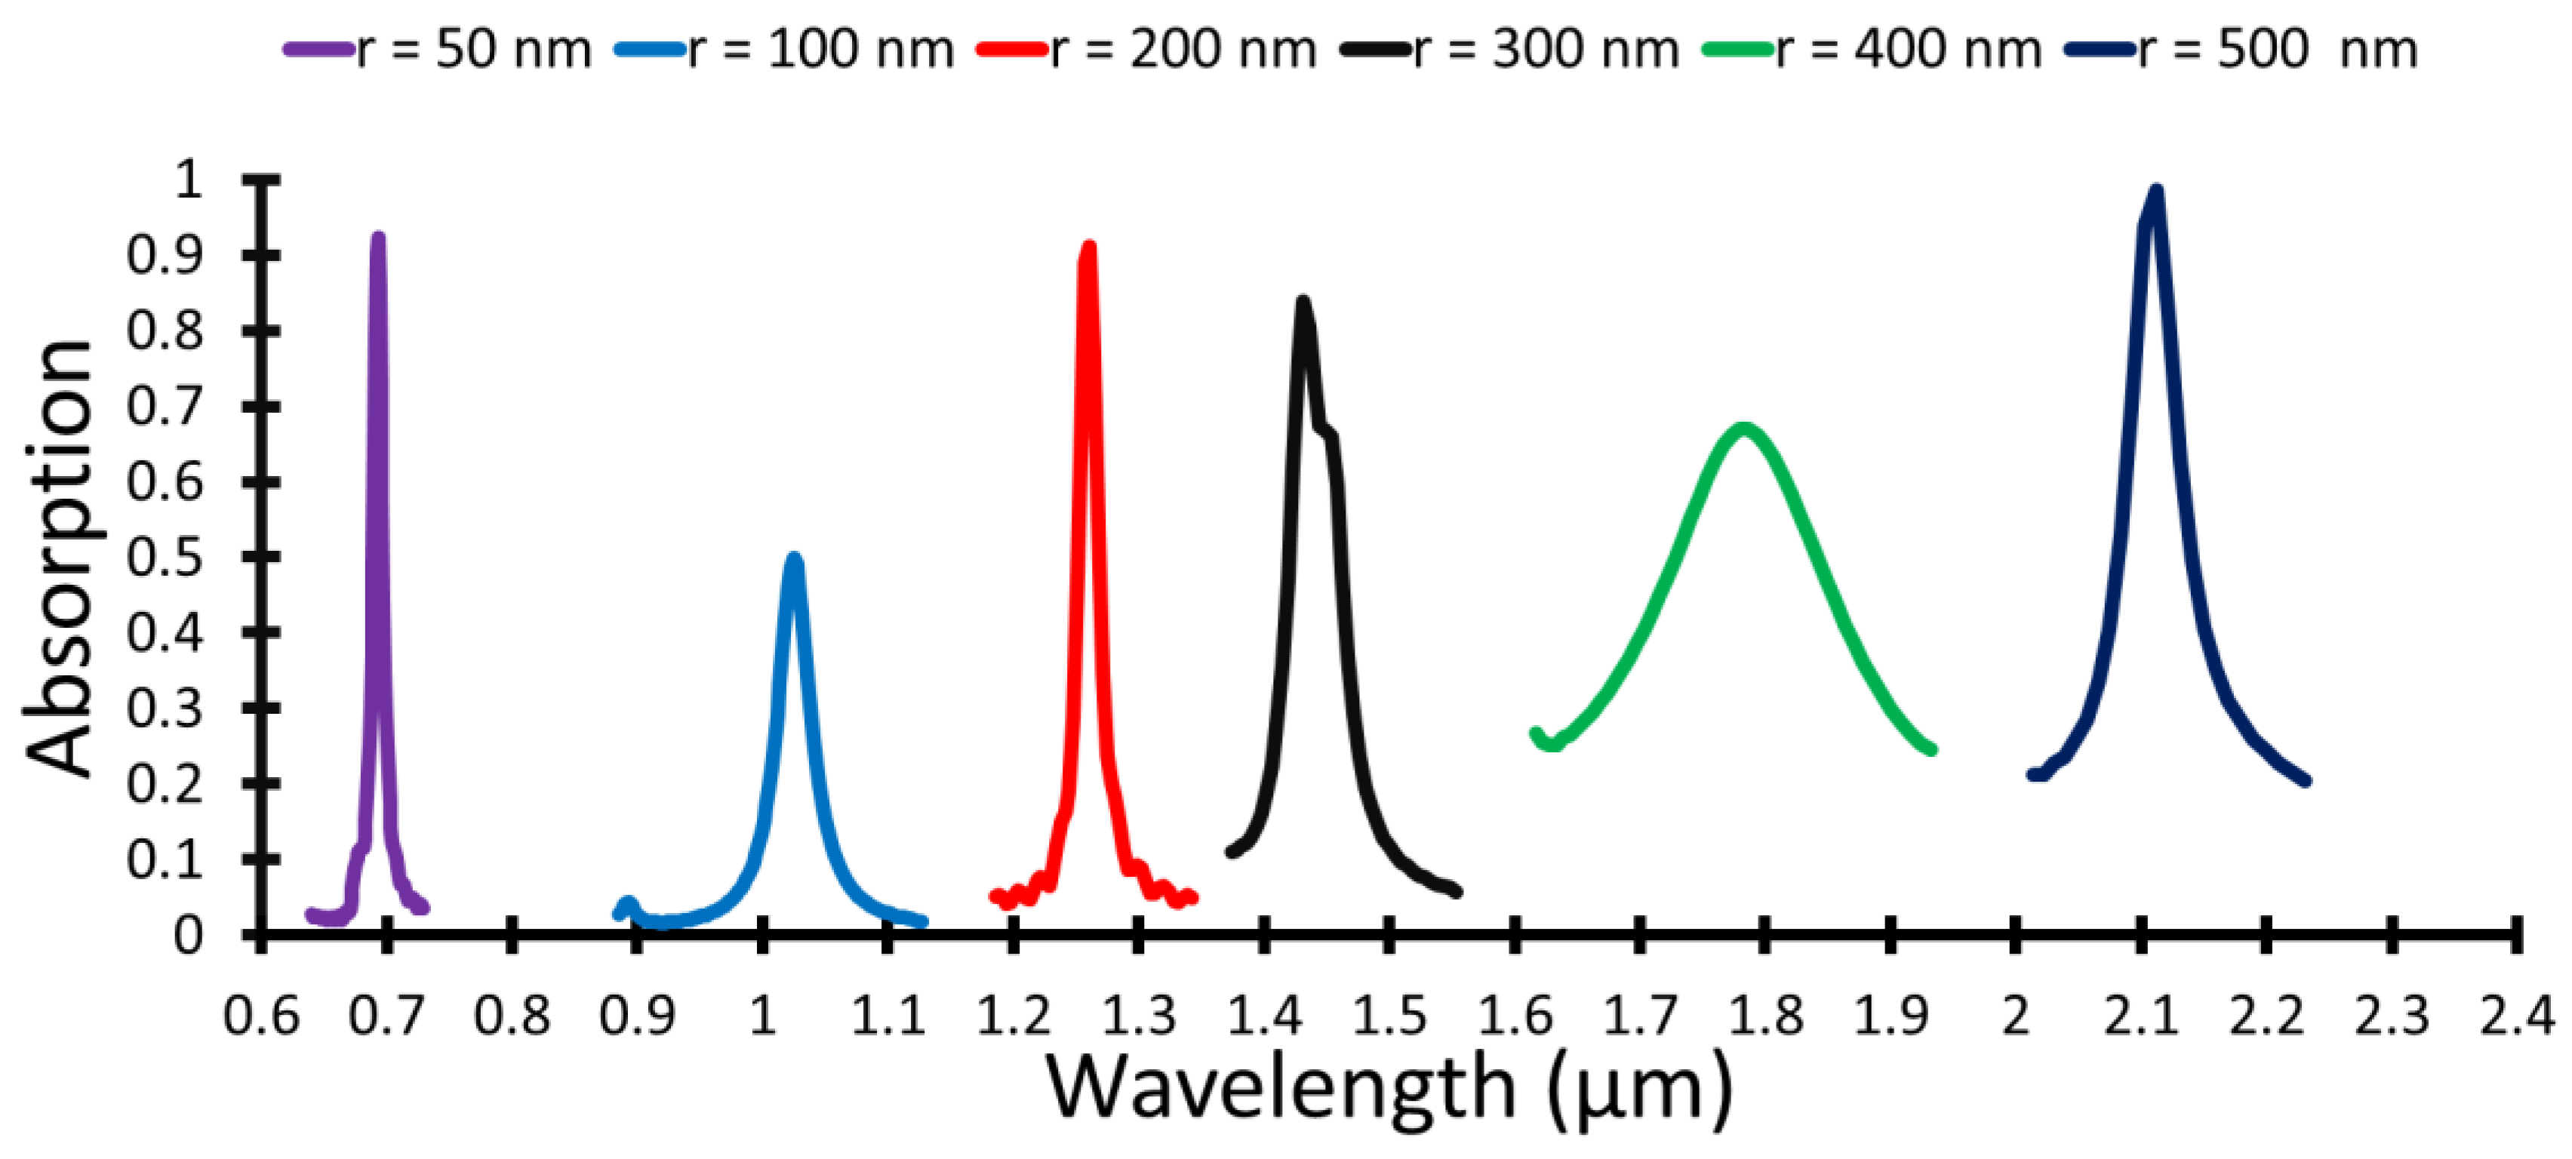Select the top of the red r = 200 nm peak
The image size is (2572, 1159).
coord(1088,247)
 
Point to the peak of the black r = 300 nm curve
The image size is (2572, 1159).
coord(1302,302)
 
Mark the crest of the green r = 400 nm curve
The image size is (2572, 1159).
coord(1743,429)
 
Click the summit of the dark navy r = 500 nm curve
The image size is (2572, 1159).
coord(2157,191)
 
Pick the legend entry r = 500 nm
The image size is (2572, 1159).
coord(2276,49)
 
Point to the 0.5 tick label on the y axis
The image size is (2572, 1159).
coord(164,557)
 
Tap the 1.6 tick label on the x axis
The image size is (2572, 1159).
coord(1515,1017)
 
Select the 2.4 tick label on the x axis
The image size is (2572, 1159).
coord(2516,1017)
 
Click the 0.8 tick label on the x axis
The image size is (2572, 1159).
coord(511,1017)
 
